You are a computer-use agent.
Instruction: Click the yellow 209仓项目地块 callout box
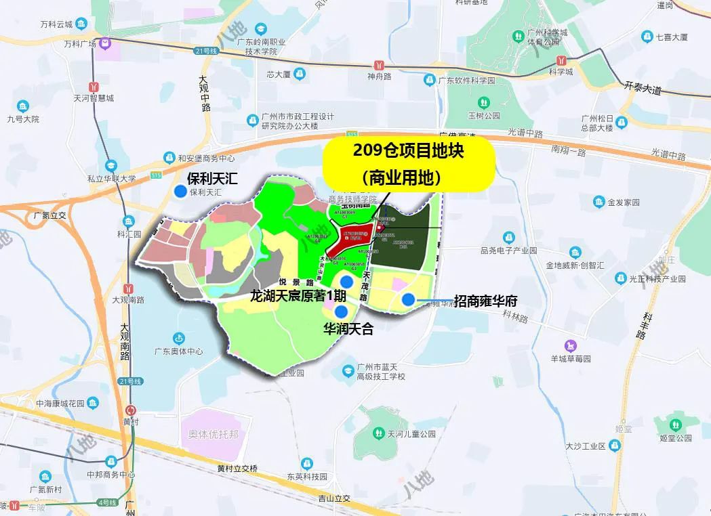(x=409, y=163)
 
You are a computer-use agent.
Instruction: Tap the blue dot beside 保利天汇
(x=180, y=192)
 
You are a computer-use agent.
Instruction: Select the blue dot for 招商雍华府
(x=408, y=299)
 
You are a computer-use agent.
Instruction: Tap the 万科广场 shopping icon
(x=105, y=44)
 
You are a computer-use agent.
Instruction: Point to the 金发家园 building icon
(x=598, y=202)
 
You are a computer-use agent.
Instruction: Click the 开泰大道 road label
(x=641, y=88)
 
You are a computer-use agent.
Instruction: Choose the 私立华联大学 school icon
(x=110, y=166)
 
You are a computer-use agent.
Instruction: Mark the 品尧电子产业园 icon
(x=508, y=237)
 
